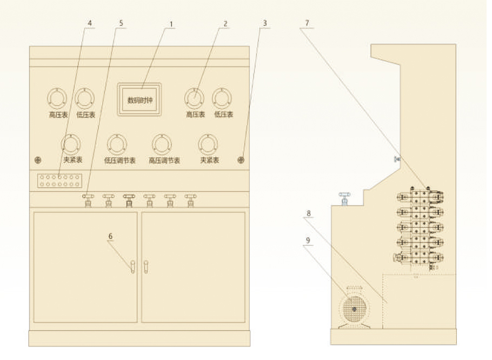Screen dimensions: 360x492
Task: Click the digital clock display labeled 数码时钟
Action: pos(140,98)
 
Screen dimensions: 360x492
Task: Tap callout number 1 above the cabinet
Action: pos(171,24)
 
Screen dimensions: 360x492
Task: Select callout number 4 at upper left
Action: pos(90,24)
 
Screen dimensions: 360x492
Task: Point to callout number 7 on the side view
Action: pos(307,24)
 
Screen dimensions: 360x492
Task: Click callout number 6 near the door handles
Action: pos(111,236)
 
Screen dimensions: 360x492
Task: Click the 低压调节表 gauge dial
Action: pos(117,144)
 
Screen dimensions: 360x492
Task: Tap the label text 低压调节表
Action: pos(119,161)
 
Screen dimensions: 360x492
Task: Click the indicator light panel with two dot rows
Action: pos(59,181)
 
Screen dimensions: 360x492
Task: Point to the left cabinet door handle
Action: pos(132,266)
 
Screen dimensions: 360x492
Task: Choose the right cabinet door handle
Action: pos(145,266)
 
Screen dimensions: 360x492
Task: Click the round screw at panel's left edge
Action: pos(38,161)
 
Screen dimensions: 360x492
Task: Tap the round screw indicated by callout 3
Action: pos(241,160)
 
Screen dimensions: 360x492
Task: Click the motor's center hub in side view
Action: pos(354,309)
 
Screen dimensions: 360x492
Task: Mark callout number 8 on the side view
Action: pos(309,214)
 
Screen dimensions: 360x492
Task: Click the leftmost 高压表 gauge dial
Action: pos(56,99)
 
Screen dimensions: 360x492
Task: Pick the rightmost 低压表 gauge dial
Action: pos(222,99)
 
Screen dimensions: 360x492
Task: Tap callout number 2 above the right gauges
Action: pos(225,24)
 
